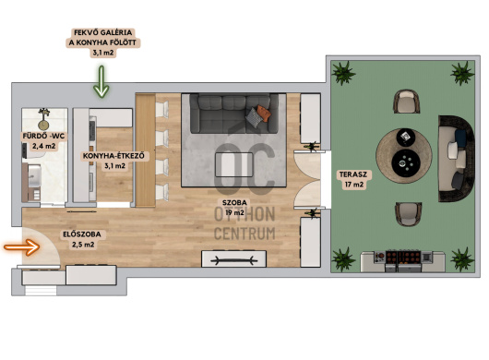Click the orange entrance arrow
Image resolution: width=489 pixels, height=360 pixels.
tap(22, 247)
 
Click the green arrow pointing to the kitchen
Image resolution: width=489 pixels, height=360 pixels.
tap(101, 82)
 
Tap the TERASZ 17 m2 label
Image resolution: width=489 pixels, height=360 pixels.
tap(353, 179)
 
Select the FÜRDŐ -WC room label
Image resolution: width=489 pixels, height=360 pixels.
tap(43, 140)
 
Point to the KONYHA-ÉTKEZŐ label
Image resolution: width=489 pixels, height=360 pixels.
tap(113, 161)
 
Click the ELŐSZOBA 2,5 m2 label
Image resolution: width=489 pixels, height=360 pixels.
tap(82, 239)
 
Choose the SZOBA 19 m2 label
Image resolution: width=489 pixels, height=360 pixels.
tap(234, 208)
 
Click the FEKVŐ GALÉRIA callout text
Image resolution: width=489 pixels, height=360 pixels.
tap(103, 42)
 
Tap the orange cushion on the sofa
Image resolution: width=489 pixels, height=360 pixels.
tap(264, 114)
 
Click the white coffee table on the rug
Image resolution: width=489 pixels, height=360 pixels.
tap(234, 164)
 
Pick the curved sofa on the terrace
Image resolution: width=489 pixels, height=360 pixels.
tap(457, 159)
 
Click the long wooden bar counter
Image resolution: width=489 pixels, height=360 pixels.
tap(146, 150)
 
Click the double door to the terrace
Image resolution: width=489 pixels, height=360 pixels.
tap(307, 179)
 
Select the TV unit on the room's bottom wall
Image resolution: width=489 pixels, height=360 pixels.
tap(234, 258)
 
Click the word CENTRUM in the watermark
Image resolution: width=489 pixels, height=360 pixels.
tap(244, 234)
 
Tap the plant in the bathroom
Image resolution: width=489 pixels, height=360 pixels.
tap(43, 118)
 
